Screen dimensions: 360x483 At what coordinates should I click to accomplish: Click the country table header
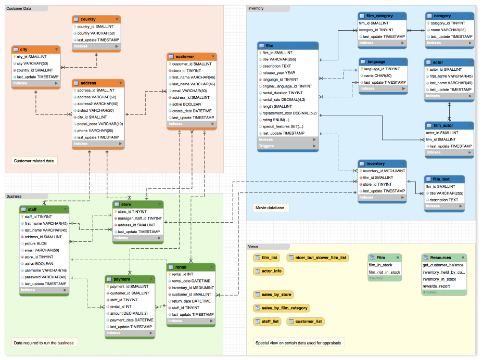(x=96, y=19)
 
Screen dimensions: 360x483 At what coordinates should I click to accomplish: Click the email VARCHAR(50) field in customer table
(x=189, y=91)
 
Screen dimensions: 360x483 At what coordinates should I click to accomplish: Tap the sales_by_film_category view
(x=281, y=308)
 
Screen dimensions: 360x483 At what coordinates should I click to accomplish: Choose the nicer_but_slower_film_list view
(x=317, y=258)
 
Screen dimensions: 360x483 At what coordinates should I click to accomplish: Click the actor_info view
(x=268, y=271)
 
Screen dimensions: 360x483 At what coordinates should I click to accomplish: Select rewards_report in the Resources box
(x=436, y=286)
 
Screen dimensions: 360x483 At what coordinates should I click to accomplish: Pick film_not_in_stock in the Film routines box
(x=384, y=272)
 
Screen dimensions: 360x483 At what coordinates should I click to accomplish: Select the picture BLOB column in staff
(x=36, y=243)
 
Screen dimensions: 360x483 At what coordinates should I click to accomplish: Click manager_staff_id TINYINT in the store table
(x=139, y=218)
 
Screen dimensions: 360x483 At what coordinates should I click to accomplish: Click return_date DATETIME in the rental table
(x=191, y=301)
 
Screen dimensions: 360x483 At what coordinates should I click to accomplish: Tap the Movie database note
(x=270, y=208)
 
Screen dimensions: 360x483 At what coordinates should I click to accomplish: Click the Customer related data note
(x=34, y=161)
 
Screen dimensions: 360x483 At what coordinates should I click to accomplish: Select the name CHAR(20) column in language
(x=377, y=75)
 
